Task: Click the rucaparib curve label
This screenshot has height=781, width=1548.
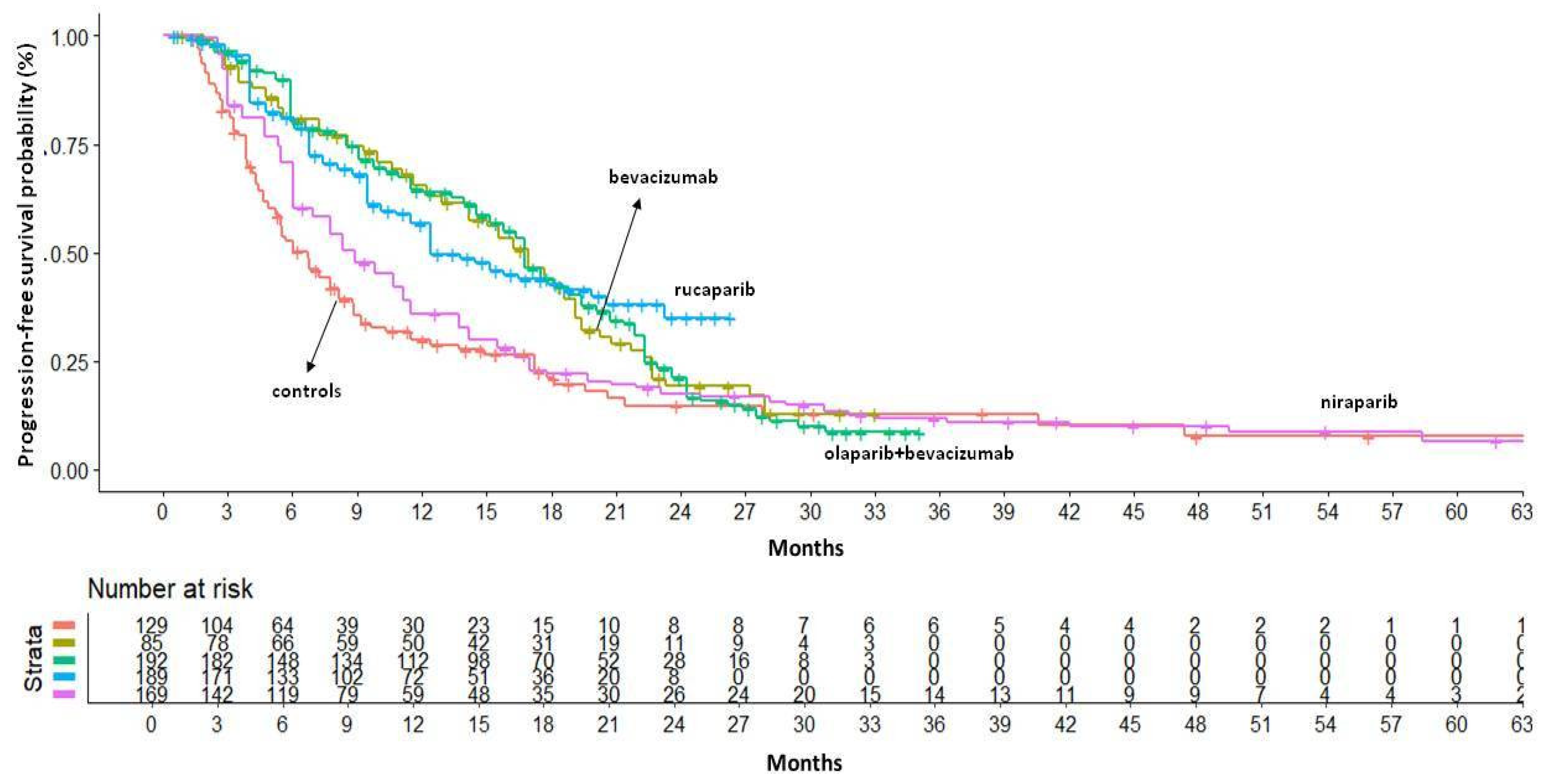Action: pyautogui.click(x=714, y=290)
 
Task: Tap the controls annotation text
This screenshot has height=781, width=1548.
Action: pyautogui.click(x=306, y=392)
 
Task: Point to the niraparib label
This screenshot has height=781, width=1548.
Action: pyautogui.click(x=1359, y=402)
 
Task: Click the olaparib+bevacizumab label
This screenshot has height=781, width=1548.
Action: pyautogui.click(x=918, y=453)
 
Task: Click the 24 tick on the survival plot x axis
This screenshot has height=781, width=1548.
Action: pyautogui.click(x=680, y=512)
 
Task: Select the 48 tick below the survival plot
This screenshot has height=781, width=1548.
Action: pyautogui.click(x=1198, y=512)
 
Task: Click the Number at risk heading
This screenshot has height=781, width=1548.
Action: pyautogui.click(x=170, y=588)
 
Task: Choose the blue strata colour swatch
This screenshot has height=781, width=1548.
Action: pyautogui.click(x=64, y=676)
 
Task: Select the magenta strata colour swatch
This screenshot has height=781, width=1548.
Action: pyautogui.click(x=64, y=694)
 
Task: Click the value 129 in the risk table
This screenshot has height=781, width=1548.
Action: pyautogui.click(x=151, y=625)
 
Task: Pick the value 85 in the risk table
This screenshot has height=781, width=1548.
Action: pyautogui.click(x=151, y=643)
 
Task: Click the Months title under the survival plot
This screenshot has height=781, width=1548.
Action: pyautogui.click(x=805, y=548)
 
